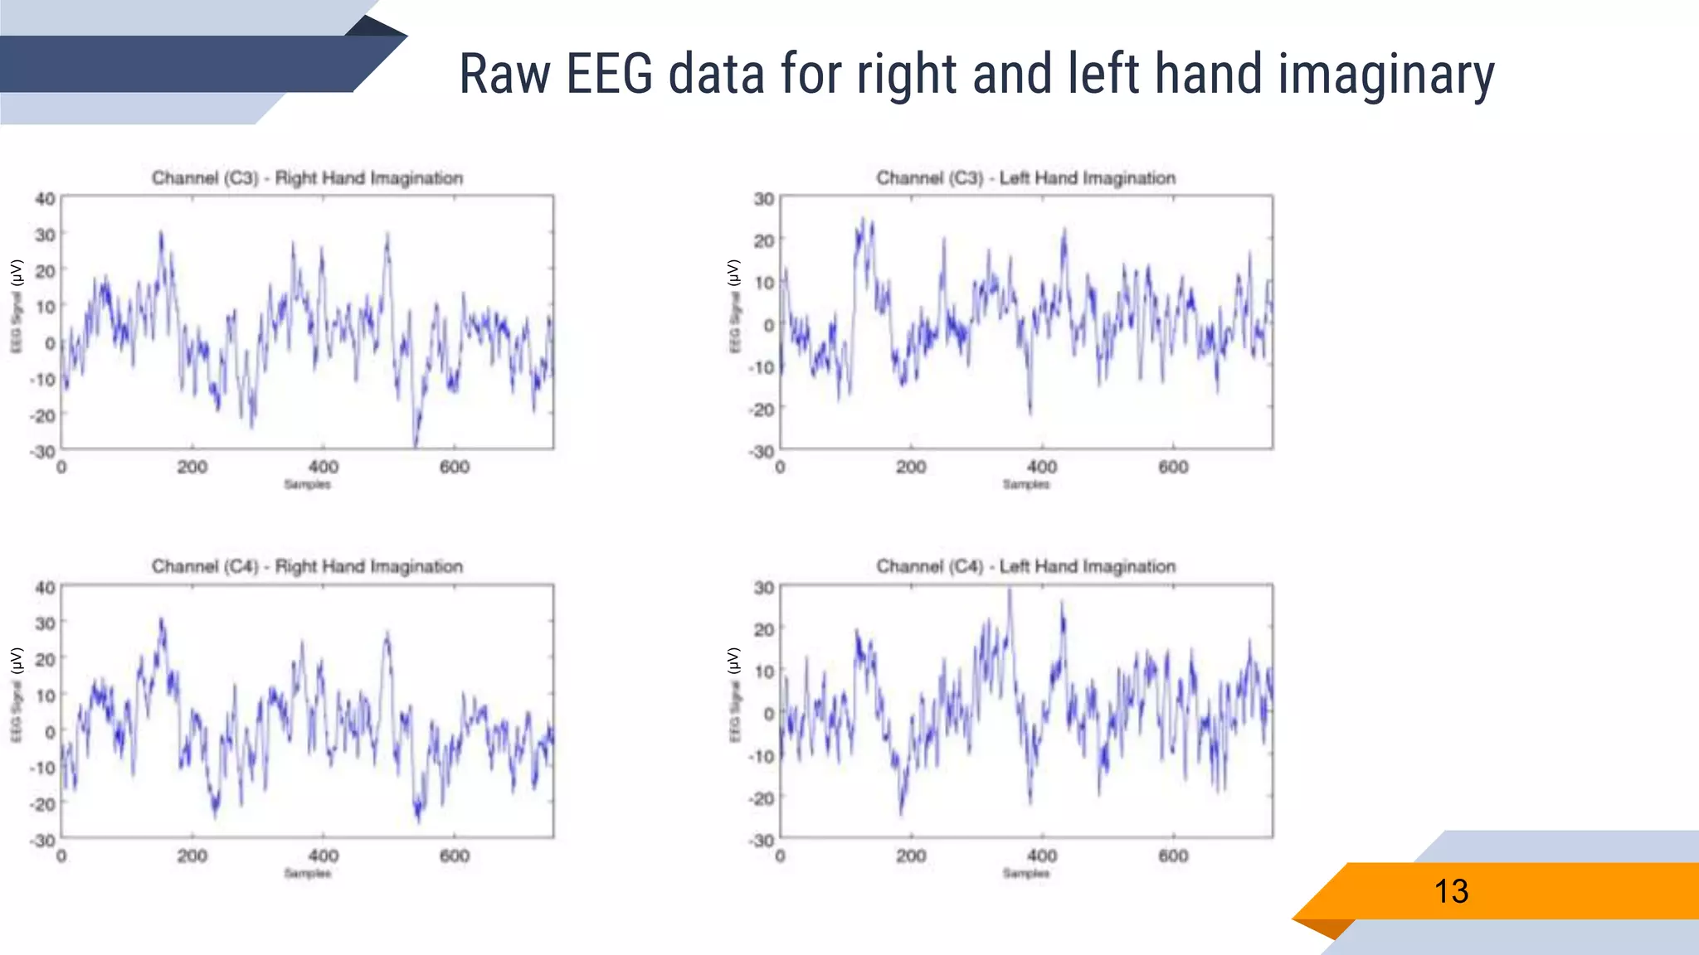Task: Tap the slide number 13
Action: pyautogui.click(x=1451, y=892)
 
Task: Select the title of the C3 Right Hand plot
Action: pyautogui.click(x=307, y=178)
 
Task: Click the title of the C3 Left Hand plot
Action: pyautogui.click(x=1025, y=178)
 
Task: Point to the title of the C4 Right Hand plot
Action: pyautogui.click(x=307, y=567)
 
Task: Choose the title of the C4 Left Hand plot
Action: pyautogui.click(x=1025, y=567)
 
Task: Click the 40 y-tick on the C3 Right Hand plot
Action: pyautogui.click(x=45, y=199)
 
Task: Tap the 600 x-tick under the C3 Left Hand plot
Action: pyautogui.click(x=1173, y=468)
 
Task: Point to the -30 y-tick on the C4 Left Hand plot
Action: pyautogui.click(x=762, y=841)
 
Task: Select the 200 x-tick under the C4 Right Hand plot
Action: pyautogui.click(x=192, y=856)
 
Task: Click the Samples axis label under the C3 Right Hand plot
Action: pyautogui.click(x=307, y=485)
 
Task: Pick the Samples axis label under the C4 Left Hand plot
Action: pyautogui.click(x=1025, y=874)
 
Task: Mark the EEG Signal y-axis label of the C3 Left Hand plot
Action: pyautogui.click(x=734, y=307)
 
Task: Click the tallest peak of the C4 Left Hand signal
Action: pyautogui.click(x=1010, y=590)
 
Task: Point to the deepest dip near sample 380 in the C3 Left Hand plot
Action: pyautogui.click(x=1030, y=410)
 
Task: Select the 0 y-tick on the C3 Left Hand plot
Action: pyautogui.click(x=769, y=325)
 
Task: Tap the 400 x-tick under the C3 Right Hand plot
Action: pyautogui.click(x=323, y=468)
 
